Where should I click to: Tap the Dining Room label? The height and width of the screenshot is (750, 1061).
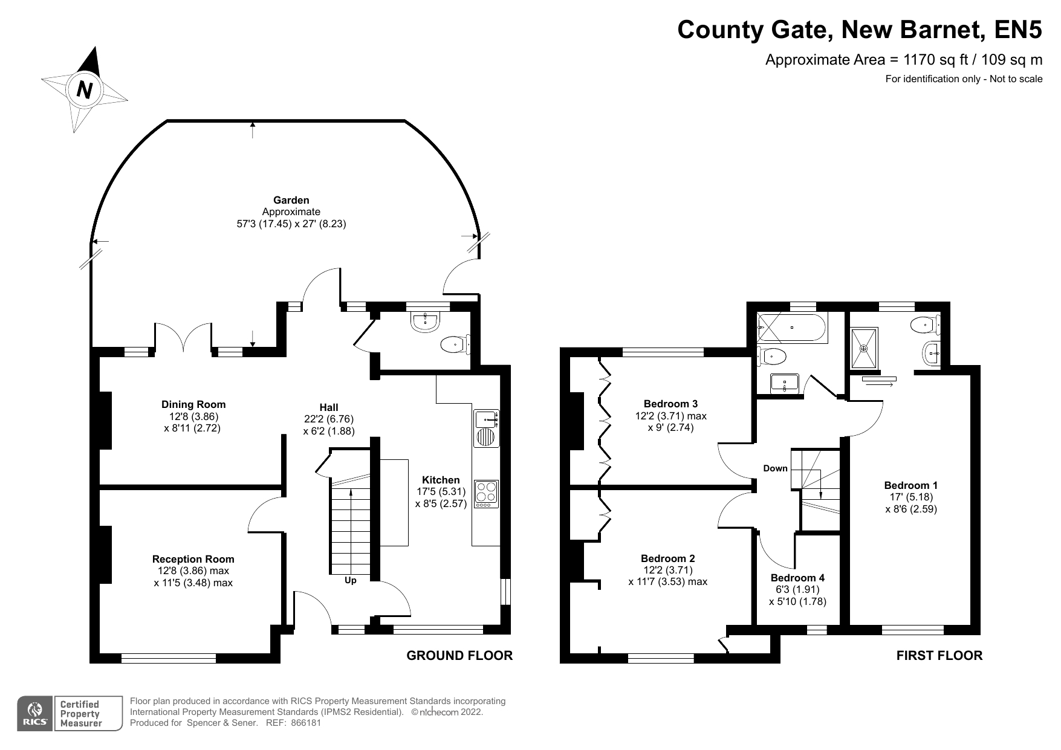click(193, 404)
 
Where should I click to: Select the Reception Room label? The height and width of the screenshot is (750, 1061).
click(193, 559)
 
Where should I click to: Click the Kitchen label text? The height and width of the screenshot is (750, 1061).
click(441, 480)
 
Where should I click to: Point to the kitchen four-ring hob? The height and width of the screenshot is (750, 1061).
click(486, 493)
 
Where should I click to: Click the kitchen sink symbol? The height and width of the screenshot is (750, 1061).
click(486, 418)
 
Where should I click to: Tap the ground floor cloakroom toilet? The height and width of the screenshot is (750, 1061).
click(454, 345)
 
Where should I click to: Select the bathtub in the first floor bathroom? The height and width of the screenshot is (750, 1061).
click(793, 328)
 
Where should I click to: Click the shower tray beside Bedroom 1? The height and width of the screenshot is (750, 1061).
click(865, 348)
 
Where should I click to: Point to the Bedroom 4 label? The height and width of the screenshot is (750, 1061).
click(797, 578)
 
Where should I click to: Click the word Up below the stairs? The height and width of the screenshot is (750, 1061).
click(351, 580)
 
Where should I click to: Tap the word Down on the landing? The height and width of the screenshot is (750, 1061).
click(775, 468)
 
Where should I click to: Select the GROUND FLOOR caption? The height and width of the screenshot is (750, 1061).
click(459, 656)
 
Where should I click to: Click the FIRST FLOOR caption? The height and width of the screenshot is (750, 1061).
click(939, 656)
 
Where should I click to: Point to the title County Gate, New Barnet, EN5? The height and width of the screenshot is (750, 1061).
click(860, 29)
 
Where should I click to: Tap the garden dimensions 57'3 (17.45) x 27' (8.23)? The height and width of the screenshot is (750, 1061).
click(291, 224)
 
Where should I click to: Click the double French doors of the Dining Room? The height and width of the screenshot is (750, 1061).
click(183, 338)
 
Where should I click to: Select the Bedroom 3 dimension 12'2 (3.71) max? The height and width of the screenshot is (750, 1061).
click(670, 416)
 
